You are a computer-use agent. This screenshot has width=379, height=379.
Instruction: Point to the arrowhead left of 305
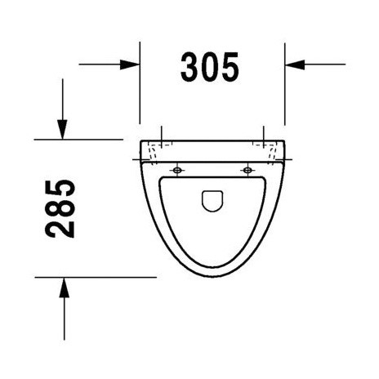coord(130,64)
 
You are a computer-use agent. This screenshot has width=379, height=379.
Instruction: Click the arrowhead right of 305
coord(295,64)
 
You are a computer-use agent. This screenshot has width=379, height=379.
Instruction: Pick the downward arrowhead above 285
coord(62,128)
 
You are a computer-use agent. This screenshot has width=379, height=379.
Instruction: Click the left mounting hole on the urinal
coord(176,170)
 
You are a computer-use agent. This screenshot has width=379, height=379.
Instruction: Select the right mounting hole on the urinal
coord(246,170)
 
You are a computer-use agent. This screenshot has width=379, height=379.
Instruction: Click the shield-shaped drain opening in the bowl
coord(211,200)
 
